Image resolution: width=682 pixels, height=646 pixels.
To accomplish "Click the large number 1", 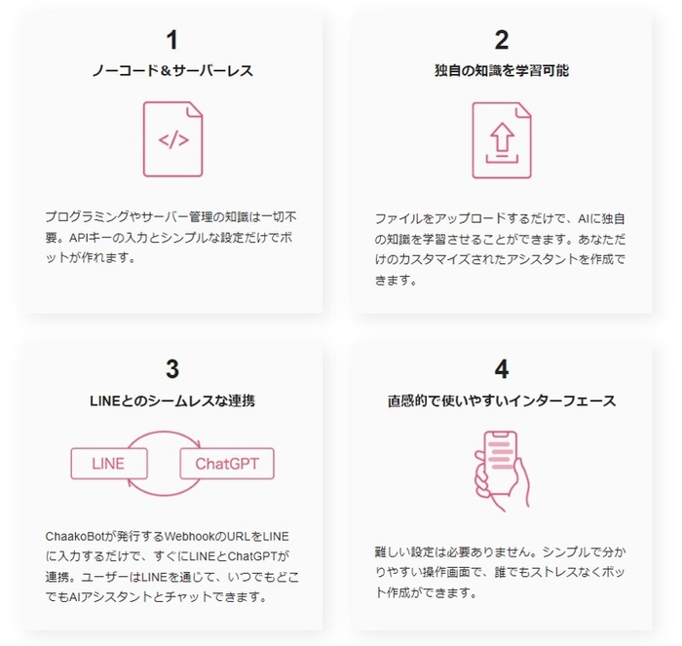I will click(x=172, y=40).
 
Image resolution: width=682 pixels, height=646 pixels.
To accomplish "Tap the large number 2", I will click(x=502, y=40).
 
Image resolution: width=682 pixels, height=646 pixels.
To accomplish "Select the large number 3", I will click(x=172, y=368).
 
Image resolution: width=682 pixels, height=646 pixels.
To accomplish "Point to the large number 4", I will click(x=502, y=368).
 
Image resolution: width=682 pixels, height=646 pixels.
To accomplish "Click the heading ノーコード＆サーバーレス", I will click(x=172, y=71).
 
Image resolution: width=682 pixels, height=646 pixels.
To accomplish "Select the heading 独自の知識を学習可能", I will click(x=502, y=71).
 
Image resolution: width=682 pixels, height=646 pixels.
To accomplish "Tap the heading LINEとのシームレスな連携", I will click(x=172, y=399).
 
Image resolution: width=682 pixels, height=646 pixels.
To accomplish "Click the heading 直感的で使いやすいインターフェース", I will click(x=502, y=399).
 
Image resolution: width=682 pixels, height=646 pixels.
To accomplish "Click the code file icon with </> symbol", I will click(x=172, y=139).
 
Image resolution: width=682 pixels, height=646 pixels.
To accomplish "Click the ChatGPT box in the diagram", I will click(x=227, y=463).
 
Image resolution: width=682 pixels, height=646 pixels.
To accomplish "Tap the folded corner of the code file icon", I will click(x=196, y=109).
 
